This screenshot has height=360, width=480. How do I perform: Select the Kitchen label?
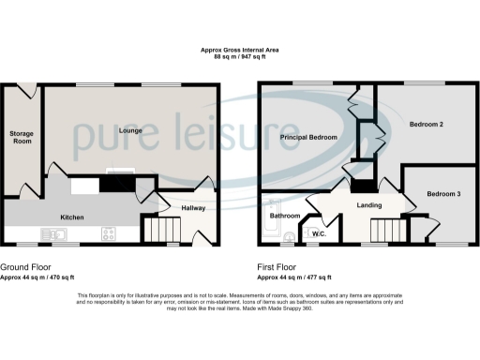[x=72, y=217]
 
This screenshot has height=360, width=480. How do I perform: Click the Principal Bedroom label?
[x=307, y=138]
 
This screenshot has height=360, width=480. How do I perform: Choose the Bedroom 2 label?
[x=426, y=124]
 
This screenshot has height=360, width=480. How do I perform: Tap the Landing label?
[x=368, y=204]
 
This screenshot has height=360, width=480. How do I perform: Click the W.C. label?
[x=318, y=233]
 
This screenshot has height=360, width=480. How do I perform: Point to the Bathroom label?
[x=285, y=216]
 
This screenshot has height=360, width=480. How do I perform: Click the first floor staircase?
[x=384, y=230]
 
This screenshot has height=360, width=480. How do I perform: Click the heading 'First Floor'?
[x=278, y=266]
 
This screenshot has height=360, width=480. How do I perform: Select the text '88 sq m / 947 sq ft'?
[x=239, y=57]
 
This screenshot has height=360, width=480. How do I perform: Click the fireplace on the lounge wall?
[x=121, y=172]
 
